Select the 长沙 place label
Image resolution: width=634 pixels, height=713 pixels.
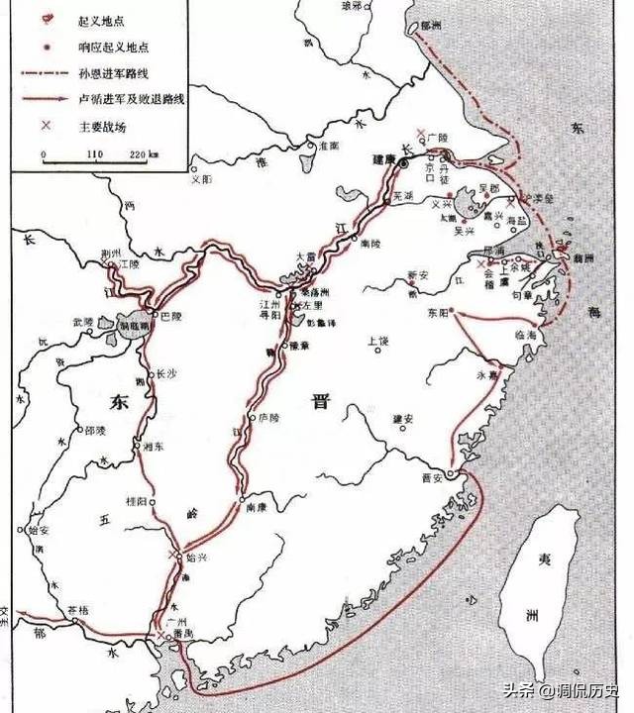click(x=164, y=375)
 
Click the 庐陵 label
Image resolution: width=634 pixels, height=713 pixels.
click(x=267, y=418)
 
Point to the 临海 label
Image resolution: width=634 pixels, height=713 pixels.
click(x=526, y=336)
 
